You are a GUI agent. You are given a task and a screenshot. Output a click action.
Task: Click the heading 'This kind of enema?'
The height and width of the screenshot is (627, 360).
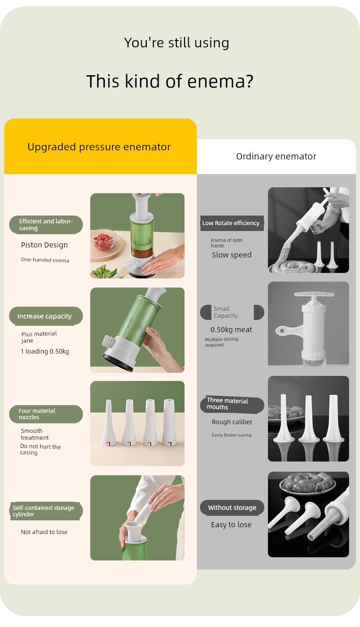170,81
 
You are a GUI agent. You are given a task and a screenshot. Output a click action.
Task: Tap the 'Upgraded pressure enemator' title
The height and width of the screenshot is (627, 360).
99,147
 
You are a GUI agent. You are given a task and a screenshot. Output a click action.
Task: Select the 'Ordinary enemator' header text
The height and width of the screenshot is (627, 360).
276,156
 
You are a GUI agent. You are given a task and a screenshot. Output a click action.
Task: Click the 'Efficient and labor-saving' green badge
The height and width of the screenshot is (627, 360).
46,225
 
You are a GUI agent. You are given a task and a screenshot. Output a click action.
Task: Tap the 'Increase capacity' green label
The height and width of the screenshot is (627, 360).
46,316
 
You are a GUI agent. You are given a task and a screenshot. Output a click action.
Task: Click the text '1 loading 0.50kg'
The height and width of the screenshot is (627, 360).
45,351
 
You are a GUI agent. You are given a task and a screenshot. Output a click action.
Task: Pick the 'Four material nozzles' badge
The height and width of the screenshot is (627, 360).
46,414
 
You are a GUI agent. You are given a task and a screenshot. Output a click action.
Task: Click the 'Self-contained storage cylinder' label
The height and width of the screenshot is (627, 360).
46,511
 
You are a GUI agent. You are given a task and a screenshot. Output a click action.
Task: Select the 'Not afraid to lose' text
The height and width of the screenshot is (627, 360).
44,532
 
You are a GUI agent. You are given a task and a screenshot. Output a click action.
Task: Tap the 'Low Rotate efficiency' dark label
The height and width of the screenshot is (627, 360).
232,223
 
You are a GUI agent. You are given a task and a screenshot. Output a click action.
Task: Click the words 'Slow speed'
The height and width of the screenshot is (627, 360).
231,255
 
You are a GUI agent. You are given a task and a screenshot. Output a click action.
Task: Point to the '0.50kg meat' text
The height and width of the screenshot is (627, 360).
231,329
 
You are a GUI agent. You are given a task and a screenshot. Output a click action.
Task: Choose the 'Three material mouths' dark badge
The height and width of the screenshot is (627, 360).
232,404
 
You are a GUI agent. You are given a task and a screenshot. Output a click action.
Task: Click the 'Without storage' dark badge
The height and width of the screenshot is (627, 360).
232,508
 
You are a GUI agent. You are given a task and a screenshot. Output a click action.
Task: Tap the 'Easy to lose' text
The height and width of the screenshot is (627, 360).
231,524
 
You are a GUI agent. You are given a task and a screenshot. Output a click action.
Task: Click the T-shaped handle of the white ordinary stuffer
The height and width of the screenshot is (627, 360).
314,294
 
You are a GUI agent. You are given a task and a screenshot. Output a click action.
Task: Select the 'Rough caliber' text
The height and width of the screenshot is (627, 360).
232,422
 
